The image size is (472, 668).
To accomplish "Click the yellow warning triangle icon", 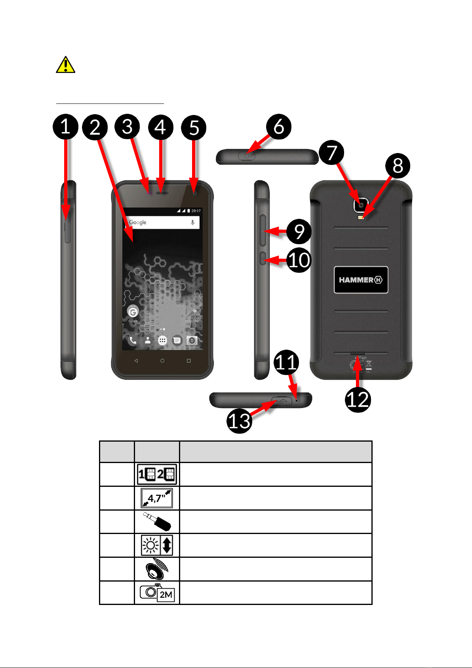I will pos(65,65).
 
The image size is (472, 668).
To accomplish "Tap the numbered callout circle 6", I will pos(279,127).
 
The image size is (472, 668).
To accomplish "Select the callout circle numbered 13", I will pos(240,421).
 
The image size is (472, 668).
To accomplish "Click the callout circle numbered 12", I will pos(358,400).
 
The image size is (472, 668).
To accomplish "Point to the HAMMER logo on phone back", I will pos(361,280).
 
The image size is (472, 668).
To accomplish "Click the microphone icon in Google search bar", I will pos(193,222).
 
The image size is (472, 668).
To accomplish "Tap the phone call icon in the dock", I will pos(133,341).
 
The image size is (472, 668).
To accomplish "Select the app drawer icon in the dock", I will pos(162,341).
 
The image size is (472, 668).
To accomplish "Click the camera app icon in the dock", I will pos(192,341).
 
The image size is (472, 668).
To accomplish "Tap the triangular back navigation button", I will pos(136,361).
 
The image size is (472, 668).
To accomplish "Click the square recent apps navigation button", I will pos(188,361).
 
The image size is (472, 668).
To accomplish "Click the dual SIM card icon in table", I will pos(157,474).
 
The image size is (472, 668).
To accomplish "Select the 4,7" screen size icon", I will pos(157,498).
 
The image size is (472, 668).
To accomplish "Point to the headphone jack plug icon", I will pos(157,522).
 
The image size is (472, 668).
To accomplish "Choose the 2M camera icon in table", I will pos(157,593).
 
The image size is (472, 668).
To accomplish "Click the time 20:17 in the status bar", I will pos(196,211).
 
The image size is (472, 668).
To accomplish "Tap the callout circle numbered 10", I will pos(299,260).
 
